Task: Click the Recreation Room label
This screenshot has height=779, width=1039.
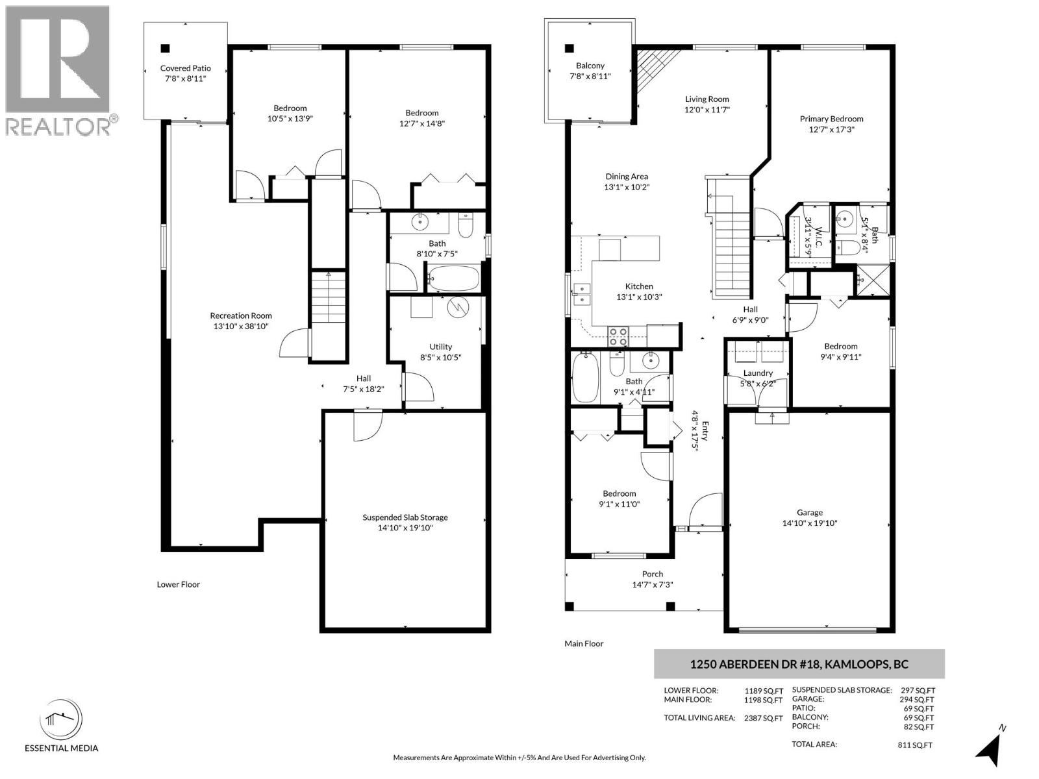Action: tap(240, 315)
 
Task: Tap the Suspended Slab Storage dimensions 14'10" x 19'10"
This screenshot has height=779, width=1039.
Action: tap(405, 528)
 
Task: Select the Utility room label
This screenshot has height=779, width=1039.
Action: tap(440, 347)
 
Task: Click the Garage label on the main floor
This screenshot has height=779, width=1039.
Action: tap(809, 512)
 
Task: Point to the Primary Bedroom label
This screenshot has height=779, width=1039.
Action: tap(831, 119)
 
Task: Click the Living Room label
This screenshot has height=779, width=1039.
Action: tap(707, 99)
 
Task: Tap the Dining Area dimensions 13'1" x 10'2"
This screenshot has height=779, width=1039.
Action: tap(627, 187)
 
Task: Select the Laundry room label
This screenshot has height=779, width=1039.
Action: tap(758, 373)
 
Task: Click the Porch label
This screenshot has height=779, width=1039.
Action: tap(652, 574)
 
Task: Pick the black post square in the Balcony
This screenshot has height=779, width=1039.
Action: tap(570, 48)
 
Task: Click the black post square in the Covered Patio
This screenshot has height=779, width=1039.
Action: tap(166, 48)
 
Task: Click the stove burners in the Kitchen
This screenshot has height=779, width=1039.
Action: tap(618, 336)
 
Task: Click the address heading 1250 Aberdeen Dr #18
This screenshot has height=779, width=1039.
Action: tap(798, 664)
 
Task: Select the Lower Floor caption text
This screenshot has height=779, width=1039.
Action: tap(178, 584)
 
